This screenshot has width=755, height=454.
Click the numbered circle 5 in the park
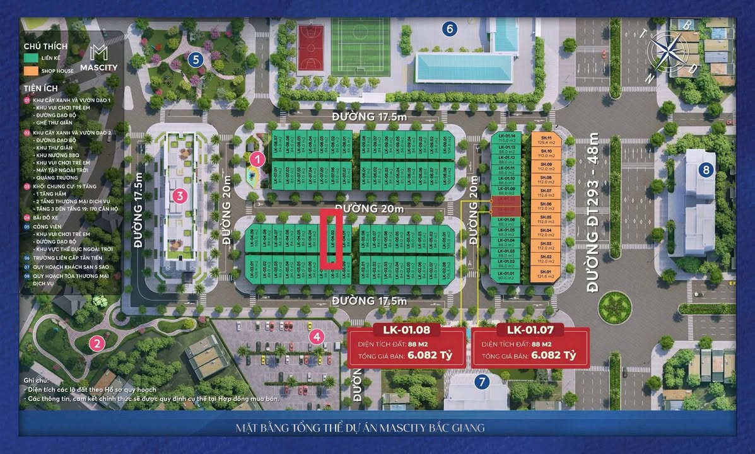[x=195, y=61]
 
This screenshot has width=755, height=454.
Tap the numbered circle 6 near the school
[x=449, y=28]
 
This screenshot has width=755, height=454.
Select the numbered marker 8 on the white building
[x=706, y=169]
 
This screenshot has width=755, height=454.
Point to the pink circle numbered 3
[x=180, y=195]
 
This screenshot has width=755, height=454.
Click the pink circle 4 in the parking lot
[x=317, y=337]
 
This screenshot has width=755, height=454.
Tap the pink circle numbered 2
[x=97, y=344]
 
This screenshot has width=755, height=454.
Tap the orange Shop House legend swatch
[x=30, y=71]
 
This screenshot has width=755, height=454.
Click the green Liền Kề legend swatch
[x=30, y=58]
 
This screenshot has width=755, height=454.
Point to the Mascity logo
[x=99, y=58]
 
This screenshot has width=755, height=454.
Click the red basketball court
[x=310, y=47]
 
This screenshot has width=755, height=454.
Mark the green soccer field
[x=361, y=46]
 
